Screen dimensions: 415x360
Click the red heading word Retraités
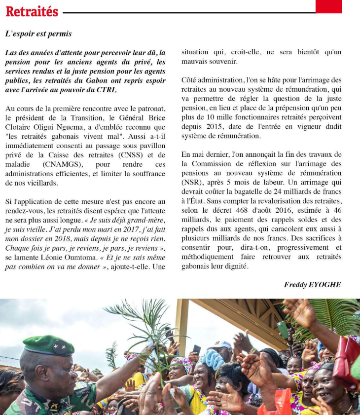click(32, 11)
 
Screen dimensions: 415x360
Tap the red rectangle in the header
click(328, 6)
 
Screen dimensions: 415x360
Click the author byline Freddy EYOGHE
click(312, 285)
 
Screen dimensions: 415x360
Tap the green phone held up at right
click(283, 329)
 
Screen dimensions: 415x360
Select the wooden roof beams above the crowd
click(232, 316)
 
